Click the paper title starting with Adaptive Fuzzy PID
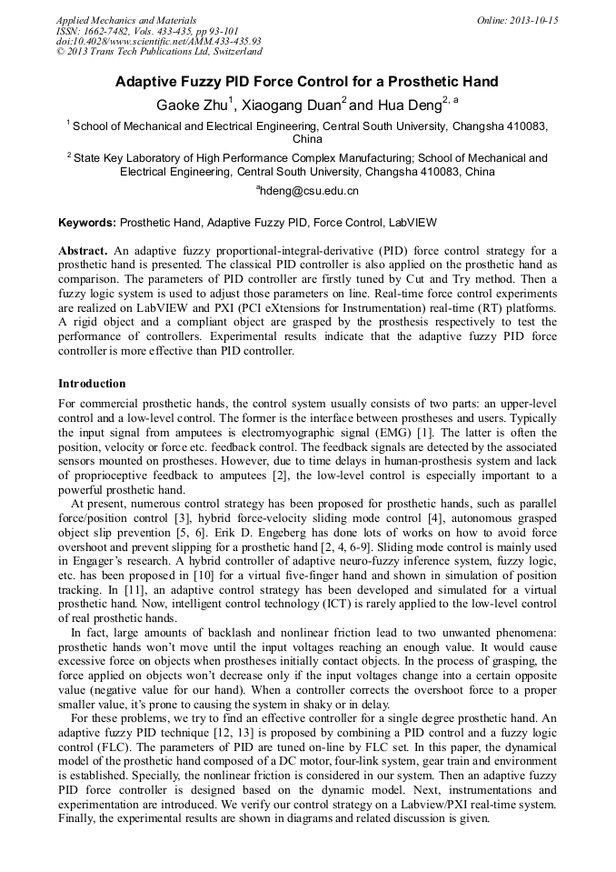(306, 82)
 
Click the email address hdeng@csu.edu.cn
(310, 190)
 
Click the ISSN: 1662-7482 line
(147, 31)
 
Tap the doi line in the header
(158, 41)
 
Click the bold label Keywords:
(87, 222)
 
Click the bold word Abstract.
(83, 250)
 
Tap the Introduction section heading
(92, 384)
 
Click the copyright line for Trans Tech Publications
(159, 52)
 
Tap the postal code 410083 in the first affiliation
(530, 126)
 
